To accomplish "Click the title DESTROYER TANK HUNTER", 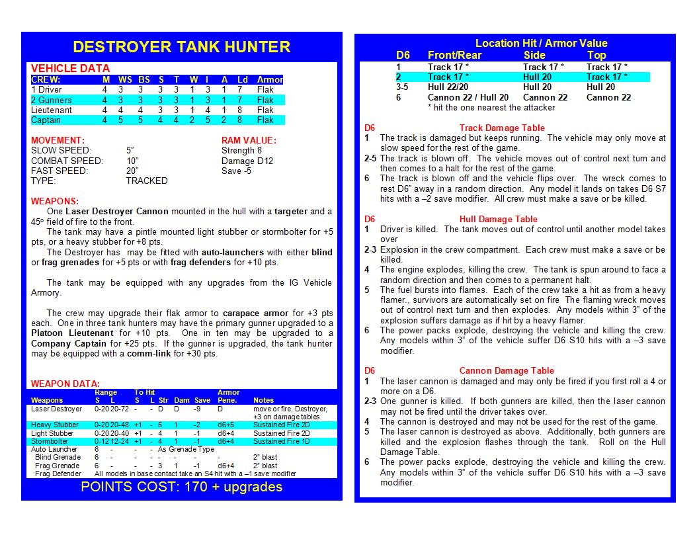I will tap(181, 47).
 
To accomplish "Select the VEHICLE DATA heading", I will tap(70, 68).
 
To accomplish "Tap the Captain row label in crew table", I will tap(46, 120).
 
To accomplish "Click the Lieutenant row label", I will tap(52, 110).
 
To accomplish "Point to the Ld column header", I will tap(243, 80).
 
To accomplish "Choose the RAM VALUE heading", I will tap(249, 140).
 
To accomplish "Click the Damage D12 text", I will tap(247, 161).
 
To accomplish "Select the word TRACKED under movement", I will tap(147, 181).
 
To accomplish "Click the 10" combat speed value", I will tap(132, 161).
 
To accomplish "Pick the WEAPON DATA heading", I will tap(65, 384).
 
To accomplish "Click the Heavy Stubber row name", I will tap(55, 425).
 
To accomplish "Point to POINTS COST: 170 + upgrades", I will tap(181, 487).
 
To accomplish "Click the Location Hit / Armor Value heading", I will tap(541, 44).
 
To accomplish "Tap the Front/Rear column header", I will tap(455, 56).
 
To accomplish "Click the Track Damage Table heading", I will tap(502, 128).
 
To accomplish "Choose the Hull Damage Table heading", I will tap(498, 219).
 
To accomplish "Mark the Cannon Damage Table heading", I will tap(507, 370).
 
